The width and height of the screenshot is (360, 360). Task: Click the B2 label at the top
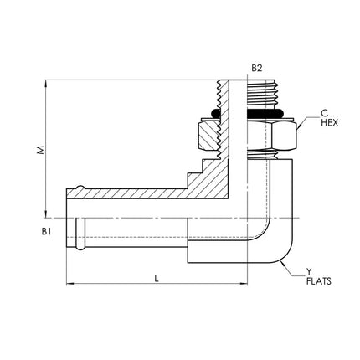[x=257, y=68]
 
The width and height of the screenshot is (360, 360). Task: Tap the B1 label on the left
[x=46, y=231]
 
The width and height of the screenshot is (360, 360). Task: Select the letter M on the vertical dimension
[x=41, y=150]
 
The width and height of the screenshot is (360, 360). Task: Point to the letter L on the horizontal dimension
[x=157, y=278]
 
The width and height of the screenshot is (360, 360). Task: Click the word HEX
[x=329, y=122]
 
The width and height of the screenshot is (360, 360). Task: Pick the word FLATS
[x=319, y=281]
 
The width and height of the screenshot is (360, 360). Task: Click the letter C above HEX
[x=324, y=113]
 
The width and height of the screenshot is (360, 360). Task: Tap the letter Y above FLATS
[x=309, y=271]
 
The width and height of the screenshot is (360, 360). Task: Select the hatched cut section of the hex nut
[x=208, y=136]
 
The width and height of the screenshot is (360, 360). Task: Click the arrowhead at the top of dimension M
[x=45, y=83]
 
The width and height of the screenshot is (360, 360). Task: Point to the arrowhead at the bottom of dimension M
[x=45, y=214]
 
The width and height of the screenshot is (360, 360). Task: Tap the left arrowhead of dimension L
[x=69, y=284]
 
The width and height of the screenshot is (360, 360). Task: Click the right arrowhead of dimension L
[x=244, y=284]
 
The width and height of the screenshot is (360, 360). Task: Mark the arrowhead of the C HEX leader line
[x=299, y=127]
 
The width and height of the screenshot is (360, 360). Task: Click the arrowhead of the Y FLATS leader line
[x=283, y=264]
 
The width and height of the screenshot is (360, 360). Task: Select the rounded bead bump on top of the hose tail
[x=80, y=187]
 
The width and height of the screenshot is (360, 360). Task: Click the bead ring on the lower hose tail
[x=80, y=234]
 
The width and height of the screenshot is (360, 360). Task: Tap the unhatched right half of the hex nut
[x=271, y=136]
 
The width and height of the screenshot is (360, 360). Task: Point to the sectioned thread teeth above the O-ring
[x=224, y=95]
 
